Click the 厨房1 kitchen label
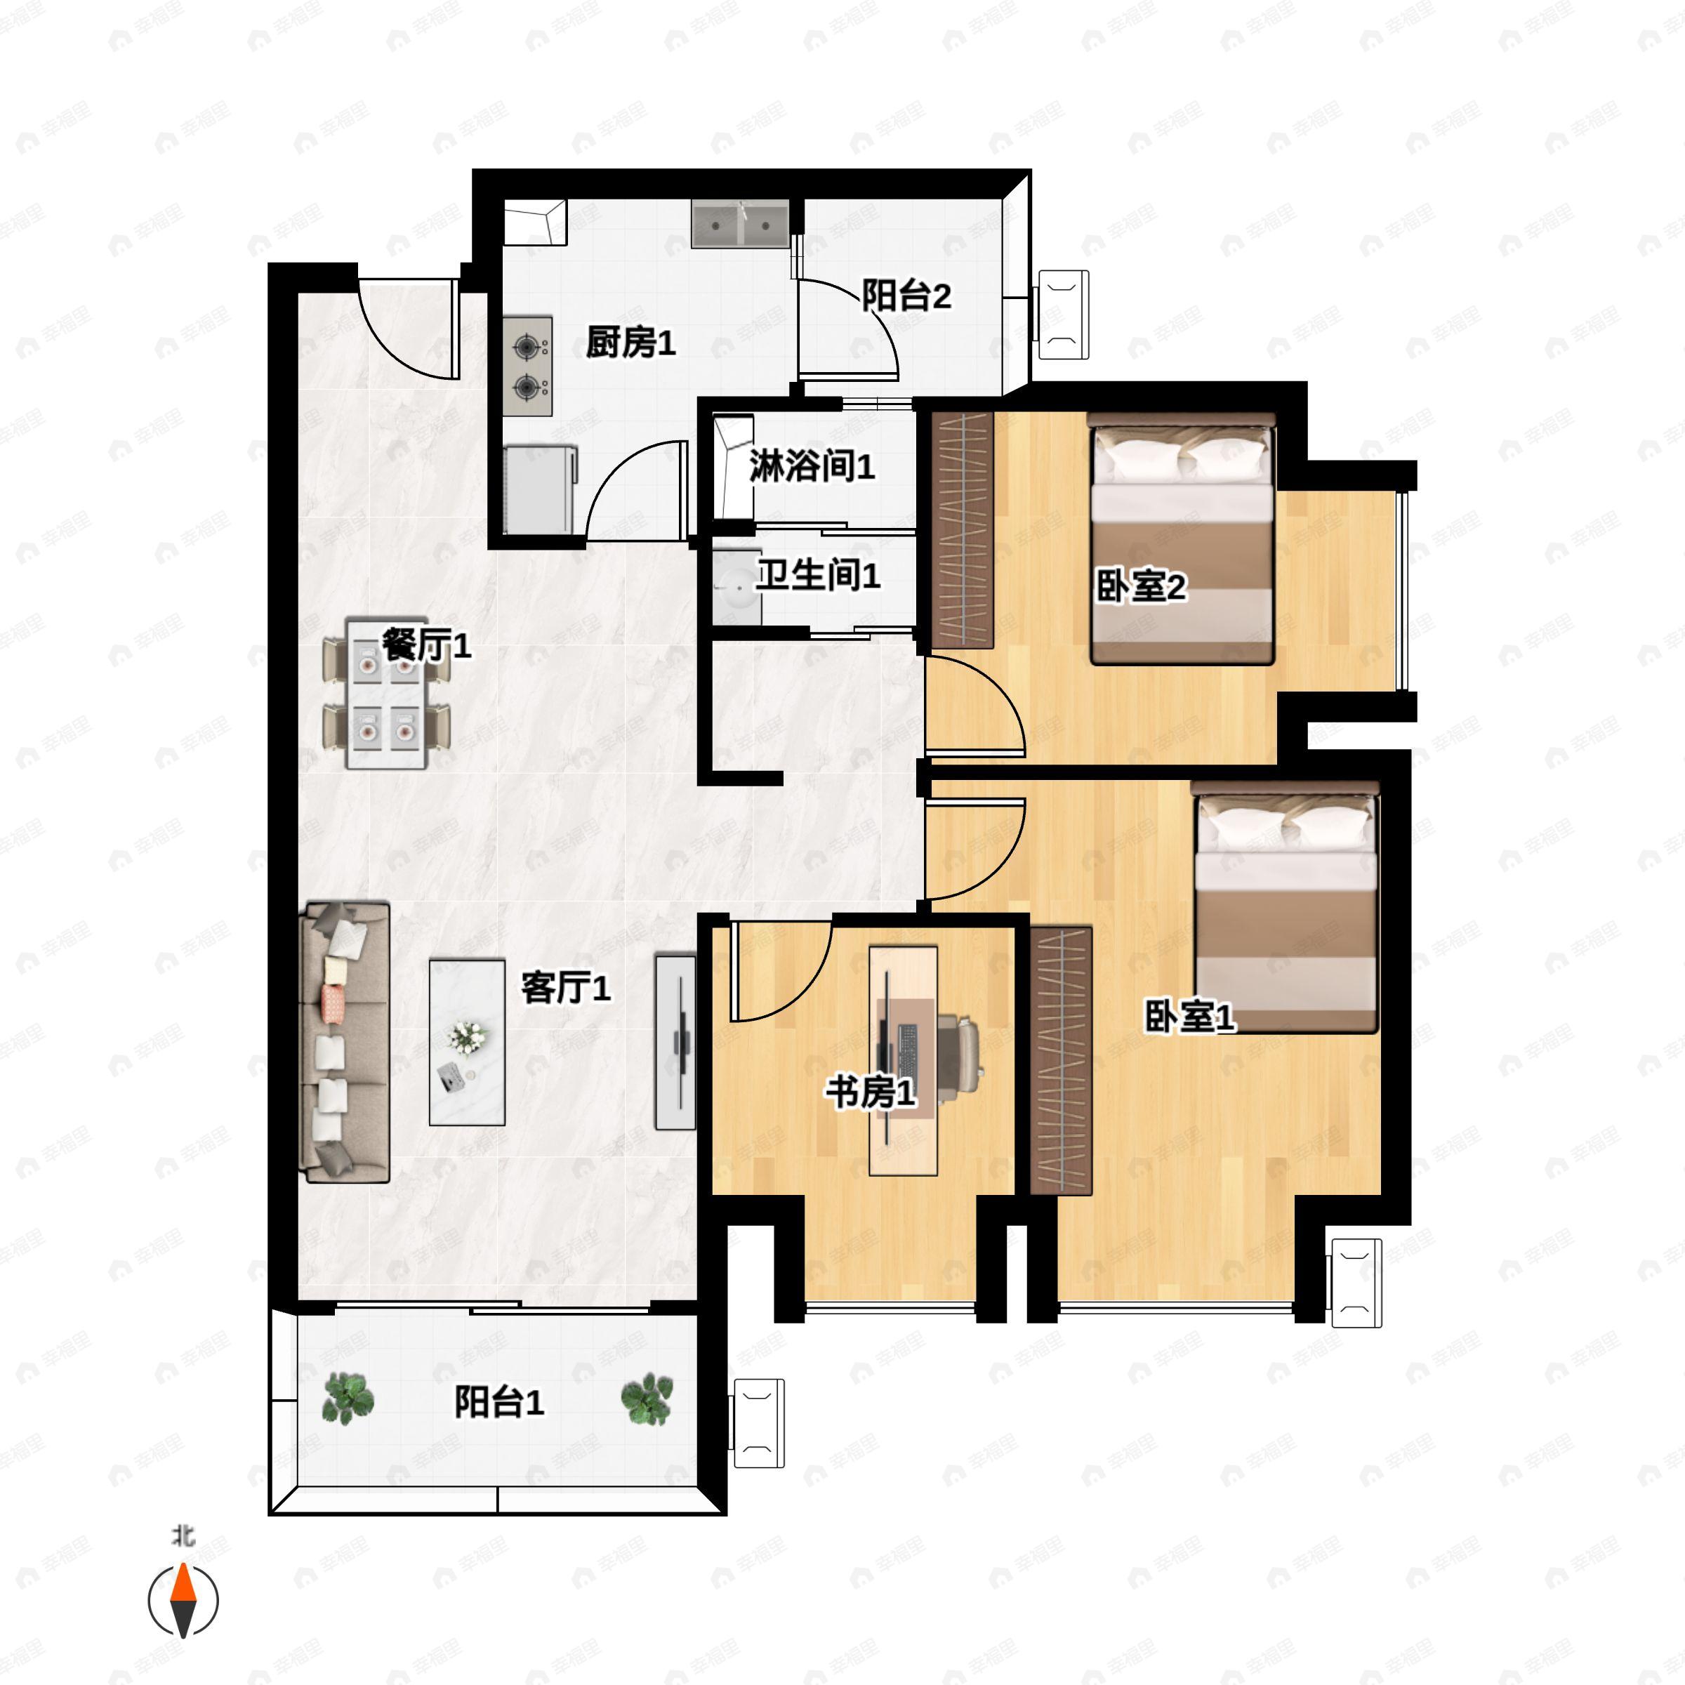(630, 342)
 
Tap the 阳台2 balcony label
(906, 296)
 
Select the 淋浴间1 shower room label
(812, 467)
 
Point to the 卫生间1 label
(818, 575)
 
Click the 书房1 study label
(871, 1091)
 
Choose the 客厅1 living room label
(566, 987)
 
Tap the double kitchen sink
(741, 224)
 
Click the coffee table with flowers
(468, 1042)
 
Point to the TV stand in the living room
(676, 1042)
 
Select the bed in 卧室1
(1286, 907)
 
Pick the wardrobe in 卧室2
(963, 530)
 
